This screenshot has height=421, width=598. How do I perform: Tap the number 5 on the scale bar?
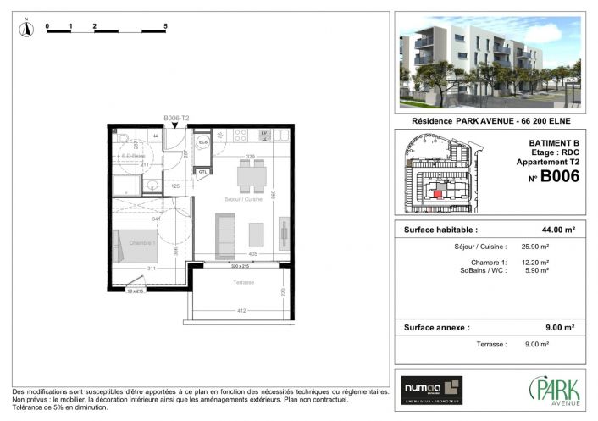(x=164, y=27)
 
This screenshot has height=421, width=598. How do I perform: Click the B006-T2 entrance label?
(x=175, y=119)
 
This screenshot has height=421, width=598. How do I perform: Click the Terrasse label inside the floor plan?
(x=243, y=283)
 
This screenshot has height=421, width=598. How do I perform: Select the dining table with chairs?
(x=252, y=176)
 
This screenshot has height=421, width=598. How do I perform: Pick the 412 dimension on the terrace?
(x=241, y=311)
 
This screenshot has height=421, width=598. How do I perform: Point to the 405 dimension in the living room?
(x=252, y=253)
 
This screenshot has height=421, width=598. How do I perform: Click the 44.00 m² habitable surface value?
(x=559, y=230)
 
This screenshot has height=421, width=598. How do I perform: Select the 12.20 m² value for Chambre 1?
(x=534, y=262)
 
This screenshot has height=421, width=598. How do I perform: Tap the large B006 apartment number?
(x=559, y=177)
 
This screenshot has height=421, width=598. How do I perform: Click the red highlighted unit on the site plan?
(x=437, y=194)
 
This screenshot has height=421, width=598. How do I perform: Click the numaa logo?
(x=432, y=386)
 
